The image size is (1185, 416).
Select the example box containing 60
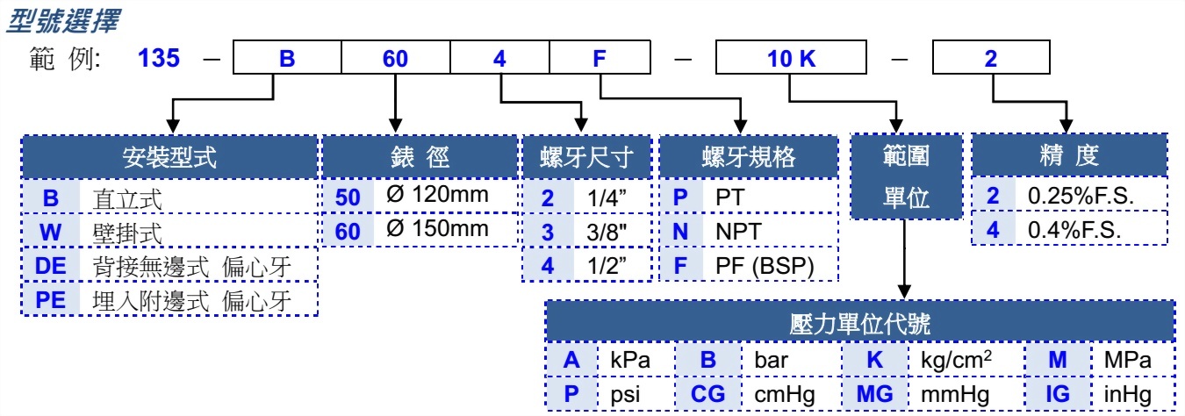pos(395,59)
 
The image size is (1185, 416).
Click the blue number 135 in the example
pos(159,59)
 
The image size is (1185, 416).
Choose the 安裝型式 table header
pos(169,157)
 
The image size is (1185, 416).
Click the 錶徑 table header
pos(419,157)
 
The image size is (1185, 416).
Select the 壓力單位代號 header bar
pos(859,322)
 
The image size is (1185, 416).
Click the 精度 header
pos(1068,157)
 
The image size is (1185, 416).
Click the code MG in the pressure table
pos(874,393)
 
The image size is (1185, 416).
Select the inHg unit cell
pos(1123,393)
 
